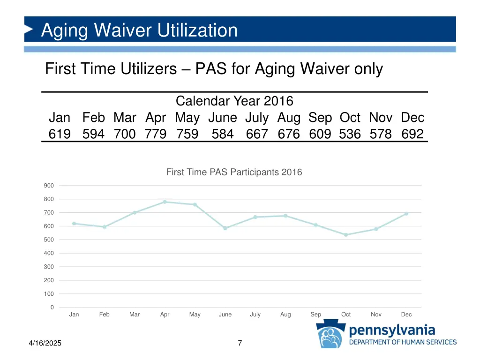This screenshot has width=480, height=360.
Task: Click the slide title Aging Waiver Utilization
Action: pos(139,30)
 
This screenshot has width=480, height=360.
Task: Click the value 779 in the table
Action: pos(156,135)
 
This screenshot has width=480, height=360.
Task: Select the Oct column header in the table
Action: pos(350,118)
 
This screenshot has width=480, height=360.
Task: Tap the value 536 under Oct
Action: pos(350,135)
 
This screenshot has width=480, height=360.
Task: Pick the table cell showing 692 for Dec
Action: pos(412,135)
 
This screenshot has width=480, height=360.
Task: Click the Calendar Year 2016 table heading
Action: pos(234,101)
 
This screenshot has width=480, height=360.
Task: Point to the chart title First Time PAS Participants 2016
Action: pos(234,172)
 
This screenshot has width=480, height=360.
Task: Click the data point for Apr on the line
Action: pos(165,202)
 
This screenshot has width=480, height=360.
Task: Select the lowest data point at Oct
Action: pos(346,235)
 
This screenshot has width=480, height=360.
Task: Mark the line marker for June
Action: pos(225,228)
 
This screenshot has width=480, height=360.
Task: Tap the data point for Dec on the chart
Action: pos(406,214)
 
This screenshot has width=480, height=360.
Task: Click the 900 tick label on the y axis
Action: pos(49,186)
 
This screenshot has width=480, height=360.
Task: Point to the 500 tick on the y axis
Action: pos(49,240)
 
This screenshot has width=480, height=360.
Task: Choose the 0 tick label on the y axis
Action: pos(52,307)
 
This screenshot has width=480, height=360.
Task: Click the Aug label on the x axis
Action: pos(285,315)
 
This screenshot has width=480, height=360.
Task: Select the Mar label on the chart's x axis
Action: pos(135,315)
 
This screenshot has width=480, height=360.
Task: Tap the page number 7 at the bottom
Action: pos(240,343)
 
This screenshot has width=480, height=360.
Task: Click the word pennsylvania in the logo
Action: pos(392,331)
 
